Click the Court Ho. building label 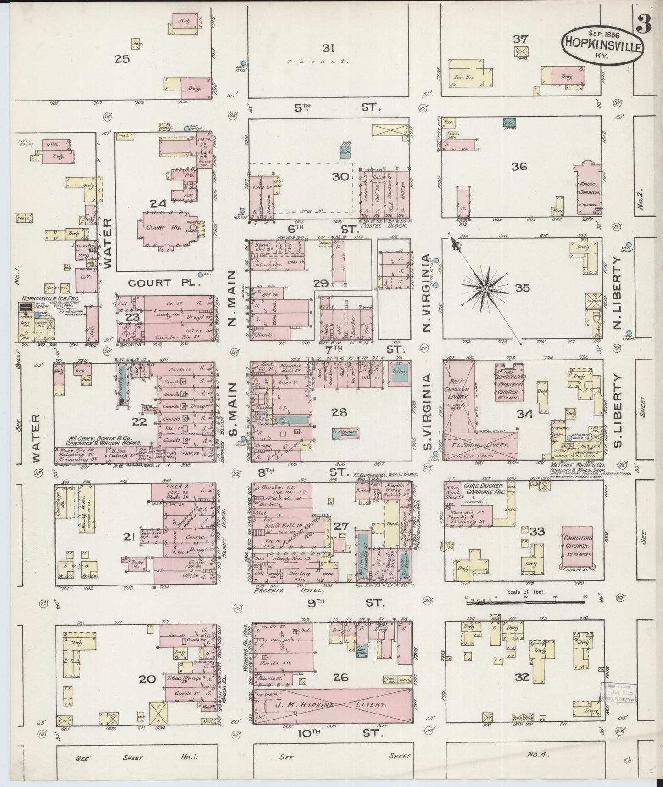pyautogui.click(x=159, y=227)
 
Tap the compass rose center pyautogui.click(x=485, y=289)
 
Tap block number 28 pyautogui.click(x=339, y=412)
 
